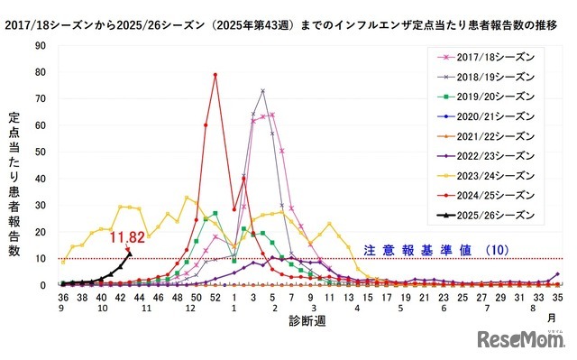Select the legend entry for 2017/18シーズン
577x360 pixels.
point(490,57)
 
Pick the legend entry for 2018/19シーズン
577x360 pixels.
point(490,77)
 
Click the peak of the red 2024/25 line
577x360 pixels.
point(215,75)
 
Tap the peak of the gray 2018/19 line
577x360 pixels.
point(262,90)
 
